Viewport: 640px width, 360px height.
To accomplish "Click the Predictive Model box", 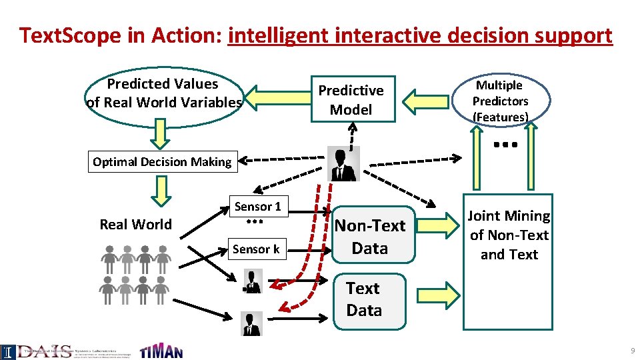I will (x=353, y=99).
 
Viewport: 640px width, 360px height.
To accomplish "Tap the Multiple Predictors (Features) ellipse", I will (x=500, y=101).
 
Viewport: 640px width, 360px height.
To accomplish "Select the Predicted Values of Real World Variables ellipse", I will (x=163, y=93).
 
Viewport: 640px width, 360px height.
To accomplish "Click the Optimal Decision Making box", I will (x=162, y=162).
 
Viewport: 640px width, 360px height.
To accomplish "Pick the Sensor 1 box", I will (x=257, y=207).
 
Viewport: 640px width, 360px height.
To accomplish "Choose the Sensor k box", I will (x=256, y=249).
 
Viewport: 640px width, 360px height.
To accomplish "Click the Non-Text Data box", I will (x=369, y=237).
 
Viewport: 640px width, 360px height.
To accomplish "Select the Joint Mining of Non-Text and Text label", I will (x=509, y=235).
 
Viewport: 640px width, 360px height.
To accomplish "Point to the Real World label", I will (x=135, y=225).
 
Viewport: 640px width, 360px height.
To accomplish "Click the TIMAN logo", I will (x=161, y=351).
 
